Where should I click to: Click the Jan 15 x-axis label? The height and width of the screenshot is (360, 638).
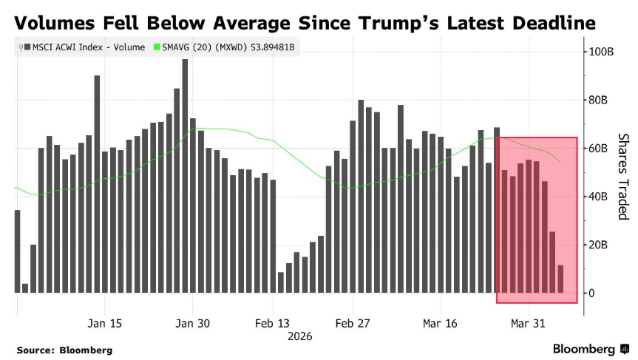coord(105,324)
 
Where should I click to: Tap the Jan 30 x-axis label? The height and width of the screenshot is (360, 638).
coord(193,324)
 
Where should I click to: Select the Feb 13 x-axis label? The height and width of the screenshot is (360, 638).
coord(273,324)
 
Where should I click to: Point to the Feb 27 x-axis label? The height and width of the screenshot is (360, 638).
coord(353,324)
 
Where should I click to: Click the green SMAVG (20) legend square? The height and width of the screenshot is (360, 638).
coord(156,47)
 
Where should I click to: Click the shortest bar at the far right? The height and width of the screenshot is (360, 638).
coord(560,279)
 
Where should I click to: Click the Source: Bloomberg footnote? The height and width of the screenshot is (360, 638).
coord(64,350)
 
